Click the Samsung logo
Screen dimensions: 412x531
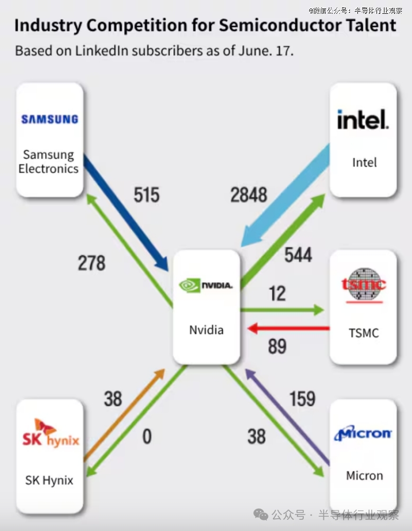pos(50,119)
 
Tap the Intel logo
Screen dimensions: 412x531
pos(363,119)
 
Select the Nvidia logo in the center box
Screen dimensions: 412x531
pos(206,285)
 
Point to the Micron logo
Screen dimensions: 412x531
pos(363,433)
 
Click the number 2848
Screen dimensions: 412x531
pos(249,195)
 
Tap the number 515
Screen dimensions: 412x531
pos(146,195)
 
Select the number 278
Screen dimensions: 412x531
pos(91,263)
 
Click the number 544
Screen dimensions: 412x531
pos(298,255)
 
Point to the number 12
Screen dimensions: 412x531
pos(277,293)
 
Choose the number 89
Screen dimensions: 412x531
pos(277,346)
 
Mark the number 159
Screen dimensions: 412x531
pos(302,398)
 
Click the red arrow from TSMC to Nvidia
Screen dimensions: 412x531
pos(288,328)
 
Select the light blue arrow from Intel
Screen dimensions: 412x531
pos(285,195)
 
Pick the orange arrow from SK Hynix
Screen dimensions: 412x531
pos(124,415)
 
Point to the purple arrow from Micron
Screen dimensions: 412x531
pos(287,416)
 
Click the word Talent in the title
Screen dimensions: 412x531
pos(371,25)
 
